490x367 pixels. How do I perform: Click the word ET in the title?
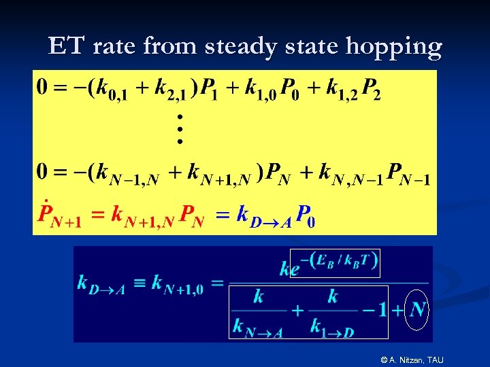coord(67,46)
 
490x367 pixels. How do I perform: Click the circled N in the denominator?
coord(418,310)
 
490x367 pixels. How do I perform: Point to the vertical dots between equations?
coord(180,129)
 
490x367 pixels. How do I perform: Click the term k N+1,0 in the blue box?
coord(177,284)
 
